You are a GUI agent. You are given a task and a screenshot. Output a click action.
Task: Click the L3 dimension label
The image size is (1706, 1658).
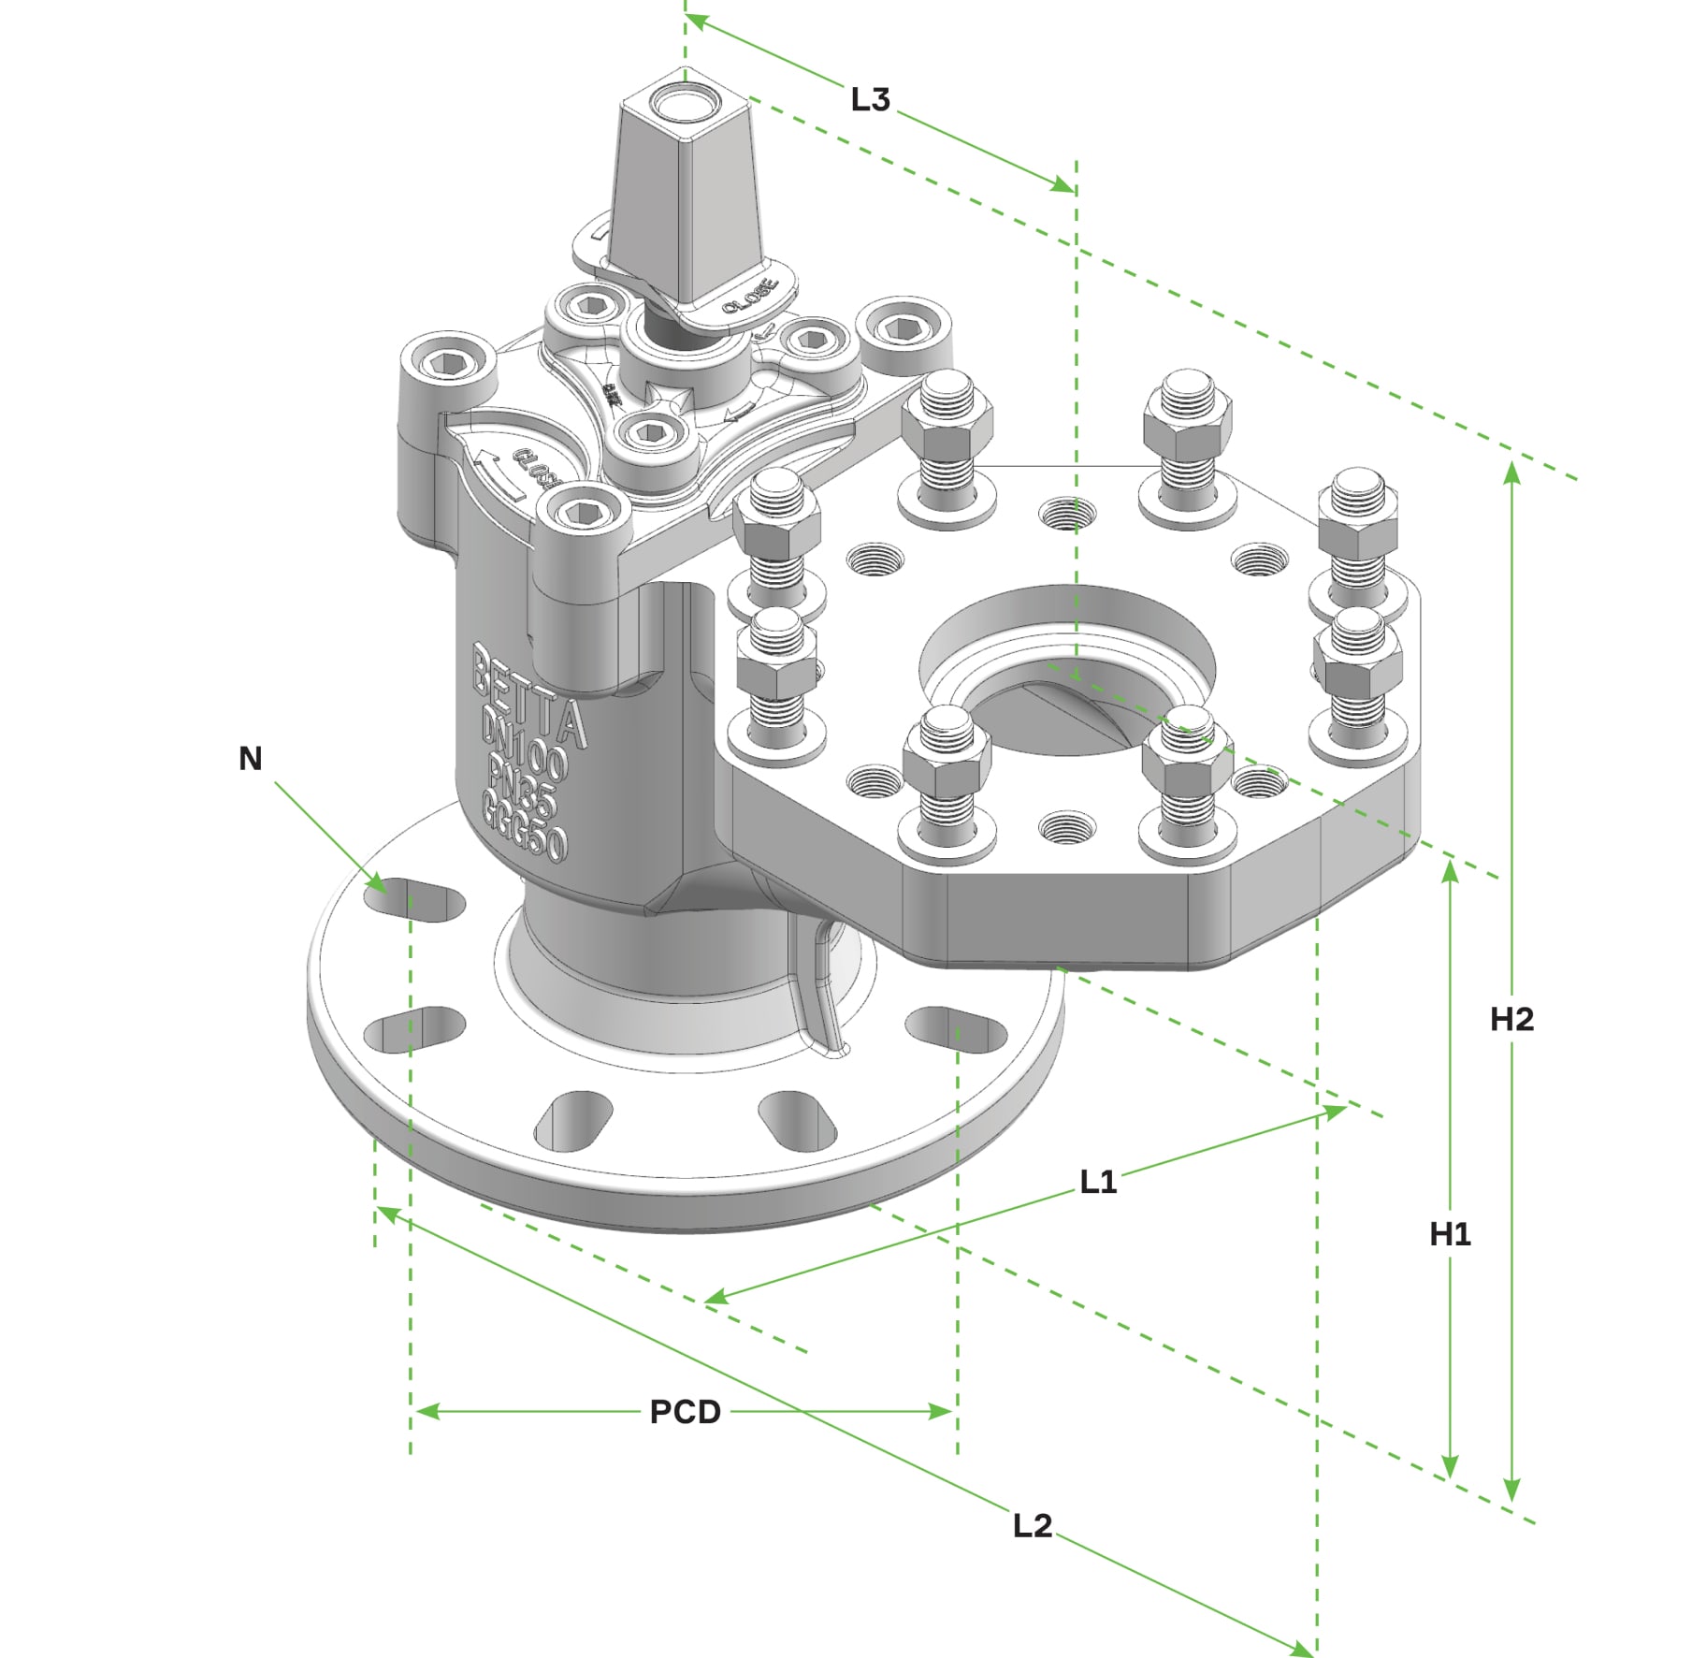coord(870,99)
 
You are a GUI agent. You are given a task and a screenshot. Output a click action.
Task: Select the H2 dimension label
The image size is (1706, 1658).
coord(1511,1019)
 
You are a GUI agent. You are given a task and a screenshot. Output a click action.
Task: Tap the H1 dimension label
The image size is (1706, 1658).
coord(1450,1234)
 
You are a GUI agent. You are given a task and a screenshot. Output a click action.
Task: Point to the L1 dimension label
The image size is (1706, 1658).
coord(1098,1182)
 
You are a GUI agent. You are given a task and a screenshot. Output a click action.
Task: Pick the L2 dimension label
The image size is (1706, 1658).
coord(1033,1525)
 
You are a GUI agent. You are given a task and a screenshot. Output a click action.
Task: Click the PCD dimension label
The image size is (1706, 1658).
coord(685,1412)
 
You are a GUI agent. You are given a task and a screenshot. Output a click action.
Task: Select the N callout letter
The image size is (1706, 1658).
coord(250,759)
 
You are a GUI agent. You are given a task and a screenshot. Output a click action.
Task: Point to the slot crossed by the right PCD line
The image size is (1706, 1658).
coord(956,1029)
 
